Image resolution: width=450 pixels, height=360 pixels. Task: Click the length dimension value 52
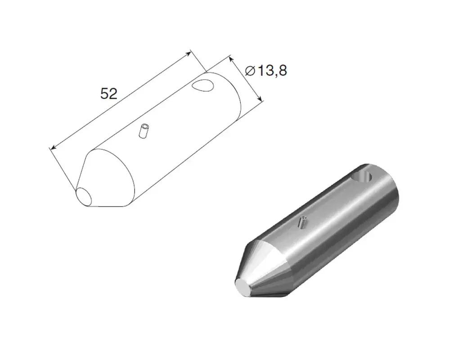[x=109, y=94]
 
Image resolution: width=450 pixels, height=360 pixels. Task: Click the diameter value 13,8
[x=272, y=71]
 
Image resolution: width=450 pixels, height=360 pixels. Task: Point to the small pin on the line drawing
[x=144, y=131]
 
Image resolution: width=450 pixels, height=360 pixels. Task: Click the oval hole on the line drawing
[x=203, y=85]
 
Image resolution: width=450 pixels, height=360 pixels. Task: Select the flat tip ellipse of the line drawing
[x=84, y=197]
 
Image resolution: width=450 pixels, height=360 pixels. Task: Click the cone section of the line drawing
[x=106, y=178]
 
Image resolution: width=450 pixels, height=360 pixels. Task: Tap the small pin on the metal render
[x=302, y=222]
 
